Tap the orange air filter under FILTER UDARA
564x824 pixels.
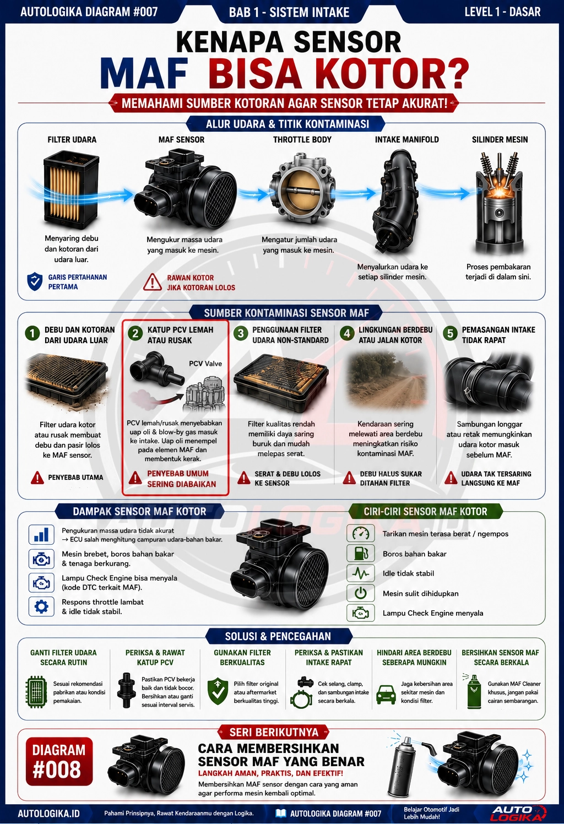tap(72, 190)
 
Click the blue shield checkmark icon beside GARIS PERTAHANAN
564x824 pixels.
tap(35, 281)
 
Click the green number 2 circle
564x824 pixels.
tap(135, 333)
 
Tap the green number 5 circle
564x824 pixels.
tap(450, 333)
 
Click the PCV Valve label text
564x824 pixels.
tap(205, 364)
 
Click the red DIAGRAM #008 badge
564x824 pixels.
tap(59, 761)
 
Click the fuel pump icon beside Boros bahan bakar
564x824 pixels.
tap(361, 553)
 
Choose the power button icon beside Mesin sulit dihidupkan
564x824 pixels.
tap(361, 593)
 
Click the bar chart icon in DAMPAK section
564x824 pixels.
tap(41, 535)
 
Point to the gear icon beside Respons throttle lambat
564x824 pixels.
tap(41, 606)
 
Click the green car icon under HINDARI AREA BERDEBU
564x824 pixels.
tap(386, 694)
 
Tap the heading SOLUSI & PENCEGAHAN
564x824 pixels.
tap(278, 636)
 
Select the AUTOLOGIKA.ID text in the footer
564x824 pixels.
tap(48, 813)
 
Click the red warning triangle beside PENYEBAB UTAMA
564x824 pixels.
tap(37, 478)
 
